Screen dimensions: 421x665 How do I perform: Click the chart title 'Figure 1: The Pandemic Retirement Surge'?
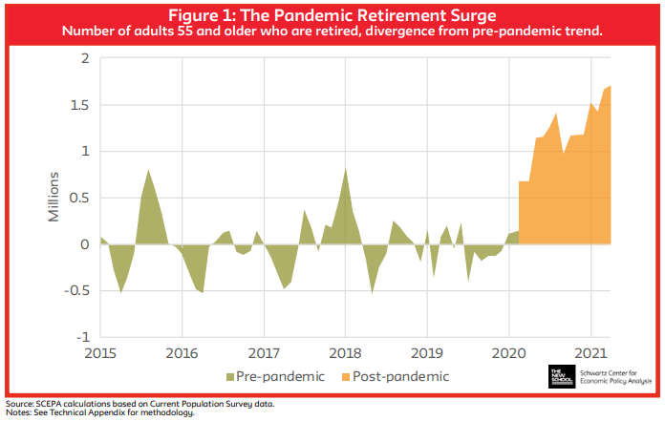point(332,14)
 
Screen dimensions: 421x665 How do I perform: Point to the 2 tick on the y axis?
point(85,58)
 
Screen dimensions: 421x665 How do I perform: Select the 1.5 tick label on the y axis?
point(80,105)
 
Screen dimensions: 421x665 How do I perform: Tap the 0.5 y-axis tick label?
point(80,198)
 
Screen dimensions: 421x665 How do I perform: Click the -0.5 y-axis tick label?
point(77,291)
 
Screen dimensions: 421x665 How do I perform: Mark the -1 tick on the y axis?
point(83,338)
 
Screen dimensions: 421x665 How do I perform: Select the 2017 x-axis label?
point(264,353)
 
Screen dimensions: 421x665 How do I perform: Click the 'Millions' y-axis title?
point(56,198)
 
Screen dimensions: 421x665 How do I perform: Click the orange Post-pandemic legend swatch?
point(344,375)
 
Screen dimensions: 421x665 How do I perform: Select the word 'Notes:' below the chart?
point(19,413)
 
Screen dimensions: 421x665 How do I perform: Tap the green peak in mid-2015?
point(148,171)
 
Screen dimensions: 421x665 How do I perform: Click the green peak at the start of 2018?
point(345,170)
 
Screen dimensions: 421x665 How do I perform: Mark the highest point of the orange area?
point(610,87)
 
